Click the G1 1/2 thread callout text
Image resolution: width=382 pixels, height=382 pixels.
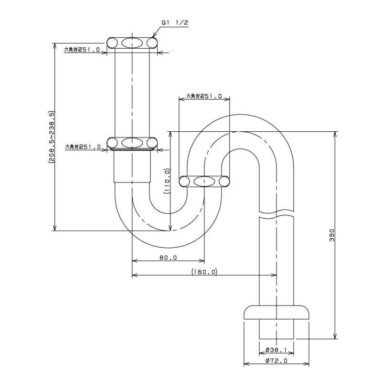[x=175, y=22]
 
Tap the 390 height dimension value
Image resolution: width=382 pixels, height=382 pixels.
[x=332, y=235]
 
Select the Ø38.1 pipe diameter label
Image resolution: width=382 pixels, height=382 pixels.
[x=276, y=350]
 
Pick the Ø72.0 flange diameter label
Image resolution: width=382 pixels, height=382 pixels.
[x=276, y=361]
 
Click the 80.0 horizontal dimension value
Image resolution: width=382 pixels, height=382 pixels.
[x=169, y=257]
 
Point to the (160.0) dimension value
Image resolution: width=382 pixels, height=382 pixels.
[x=204, y=272]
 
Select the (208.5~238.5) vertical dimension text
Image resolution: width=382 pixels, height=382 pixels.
[x=52, y=137]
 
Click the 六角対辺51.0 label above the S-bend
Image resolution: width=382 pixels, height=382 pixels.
[x=204, y=96]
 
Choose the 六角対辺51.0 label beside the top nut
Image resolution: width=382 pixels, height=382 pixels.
[x=82, y=50]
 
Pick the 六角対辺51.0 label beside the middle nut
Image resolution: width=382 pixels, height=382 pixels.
[x=83, y=147]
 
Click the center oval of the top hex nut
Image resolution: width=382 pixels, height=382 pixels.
[x=132, y=43]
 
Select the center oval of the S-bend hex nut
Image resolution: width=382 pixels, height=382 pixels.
[x=204, y=181]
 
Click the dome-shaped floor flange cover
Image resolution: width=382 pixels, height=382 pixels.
[x=276, y=312]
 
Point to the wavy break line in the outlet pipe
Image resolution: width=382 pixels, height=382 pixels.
[x=276, y=214]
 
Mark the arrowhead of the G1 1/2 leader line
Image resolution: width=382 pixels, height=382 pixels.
[x=153, y=37]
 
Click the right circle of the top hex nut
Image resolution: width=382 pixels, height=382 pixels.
[x=152, y=43]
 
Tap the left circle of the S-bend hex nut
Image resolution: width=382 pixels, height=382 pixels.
[x=184, y=181]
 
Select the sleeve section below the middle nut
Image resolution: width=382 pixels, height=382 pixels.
[x=132, y=166]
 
